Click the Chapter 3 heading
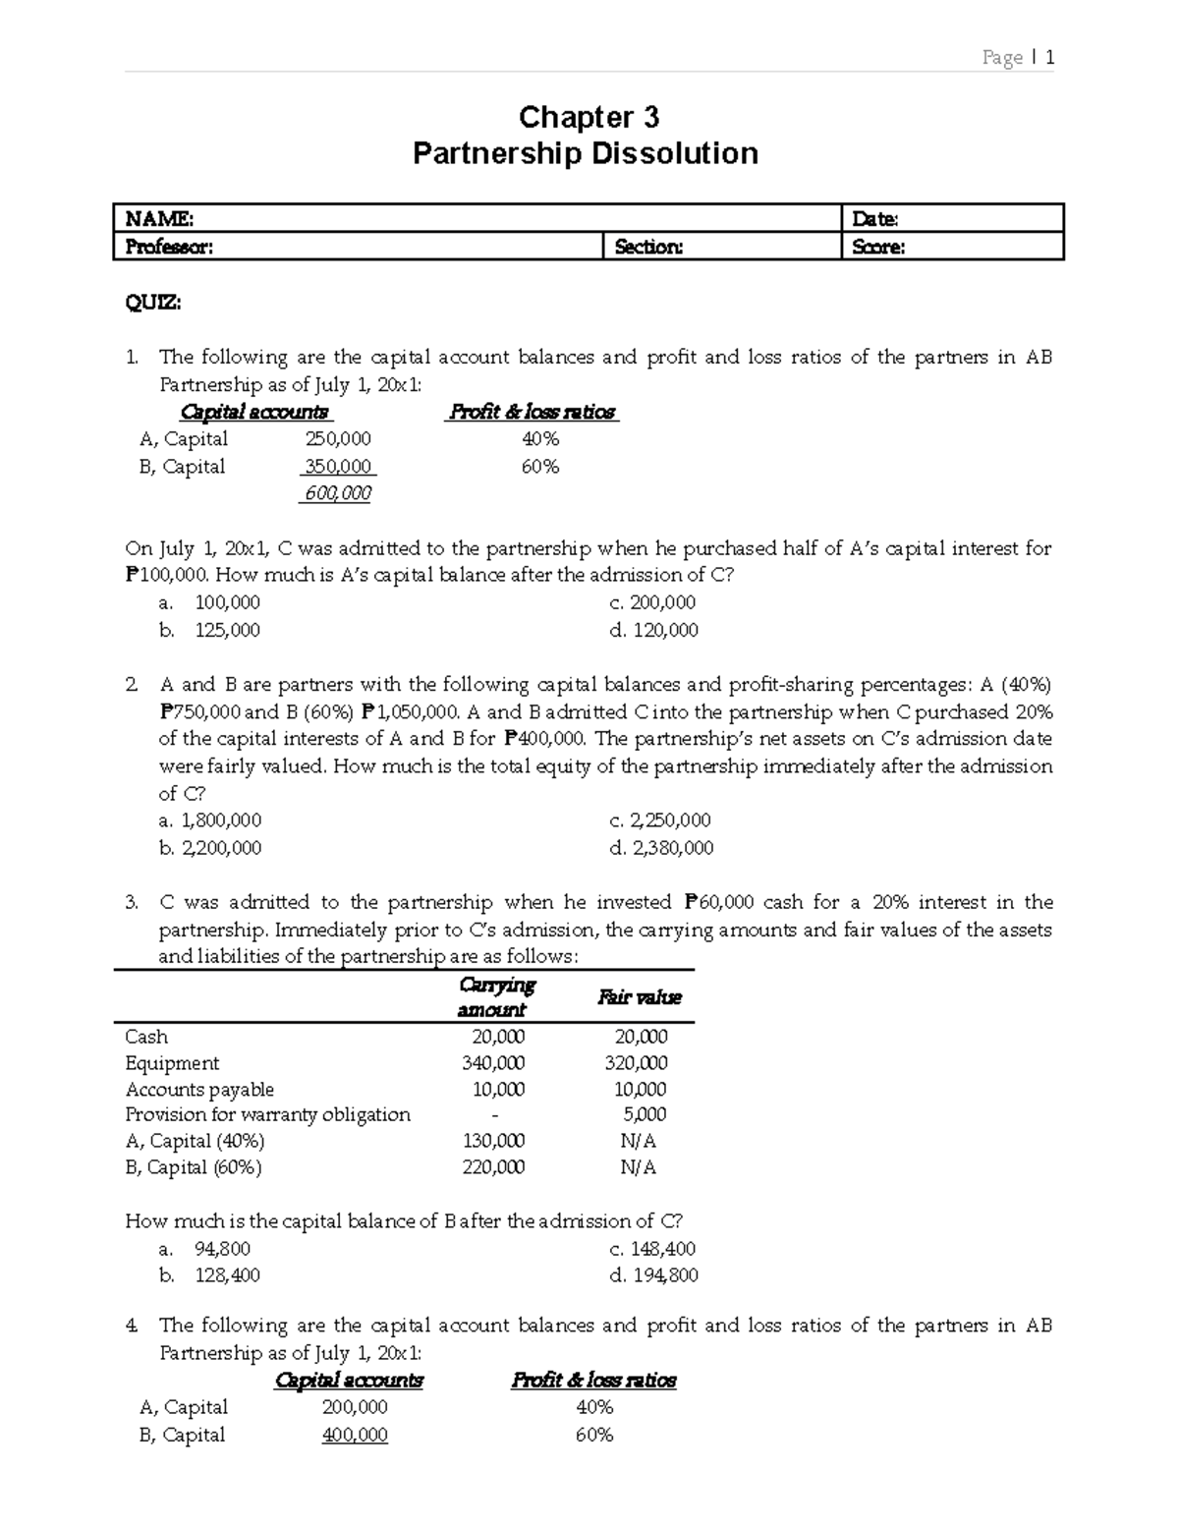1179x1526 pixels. (x=589, y=118)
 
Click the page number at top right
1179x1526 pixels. (x=1019, y=58)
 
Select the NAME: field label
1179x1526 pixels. (x=160, y=219)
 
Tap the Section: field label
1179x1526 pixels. (x=648, y=248)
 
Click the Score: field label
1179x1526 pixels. (x=878, y=248)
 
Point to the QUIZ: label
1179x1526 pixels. (x=152, y=303)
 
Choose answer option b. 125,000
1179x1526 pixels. (x=210, y=630)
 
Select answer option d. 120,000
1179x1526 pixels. (x=653, y=630)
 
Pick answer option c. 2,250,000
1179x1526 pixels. (x=660, y=820)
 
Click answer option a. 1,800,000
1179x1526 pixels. (x=210, y=820)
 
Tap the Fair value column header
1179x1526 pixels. (x=640, y=997)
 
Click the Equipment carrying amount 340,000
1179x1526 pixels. (x=493, y=1063)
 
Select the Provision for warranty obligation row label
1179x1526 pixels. (x=267, y=1114)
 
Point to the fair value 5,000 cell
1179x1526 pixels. (x=645, y=1114)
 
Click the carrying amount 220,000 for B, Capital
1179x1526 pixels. (x=493, y=1167)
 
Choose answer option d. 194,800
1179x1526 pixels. (x=653, y=1276)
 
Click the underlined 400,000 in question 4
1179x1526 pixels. (x=355, y=1436)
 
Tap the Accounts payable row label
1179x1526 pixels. (x=199, y=1090)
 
